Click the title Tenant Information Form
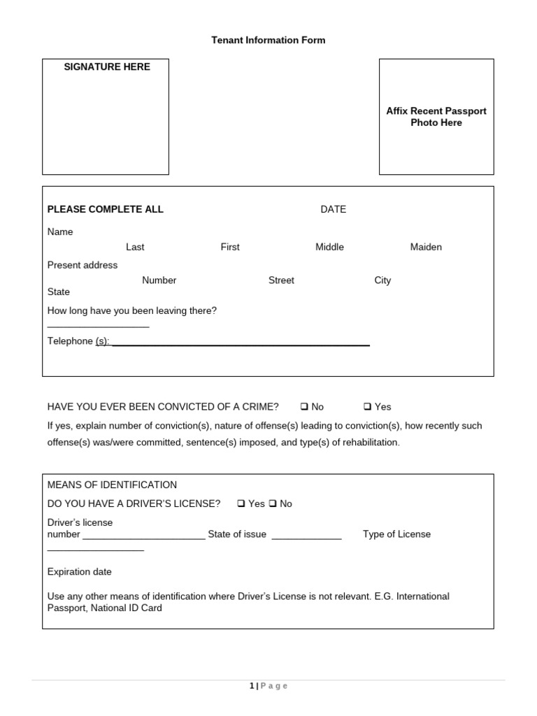point(268,41)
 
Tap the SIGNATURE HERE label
point(107,67)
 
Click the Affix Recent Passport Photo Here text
point(436,117)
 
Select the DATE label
point(333,209)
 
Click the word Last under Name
point(135,247)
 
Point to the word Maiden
point(426,247)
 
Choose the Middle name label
point(329,247)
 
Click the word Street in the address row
point(281,280)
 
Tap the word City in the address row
point(382,280)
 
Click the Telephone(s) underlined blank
point(241,341)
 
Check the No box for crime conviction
point(305,407)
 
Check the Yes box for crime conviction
point(368,407)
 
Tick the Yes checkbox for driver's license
point(241,503)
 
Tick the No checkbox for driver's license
point(273,503)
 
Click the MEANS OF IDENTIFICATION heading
point(112,485)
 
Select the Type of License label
point(396,534)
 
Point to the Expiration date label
point(79,572)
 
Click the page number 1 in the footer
point(252,686)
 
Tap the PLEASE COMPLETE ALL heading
point(105,209)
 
